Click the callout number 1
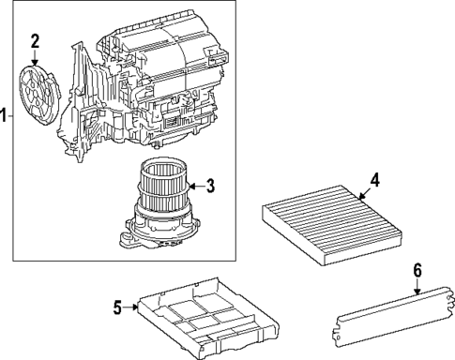[4, 116]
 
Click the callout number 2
[35, 40]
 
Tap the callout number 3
[210, 186]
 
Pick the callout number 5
[118, 306]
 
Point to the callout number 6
[417, 272]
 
